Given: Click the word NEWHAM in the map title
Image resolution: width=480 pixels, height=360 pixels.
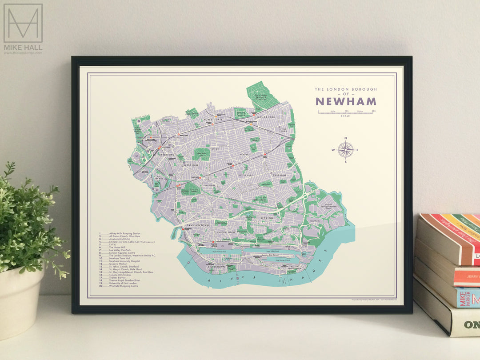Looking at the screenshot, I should pos(346,101).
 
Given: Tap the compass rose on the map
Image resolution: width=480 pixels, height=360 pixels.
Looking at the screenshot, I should pos(345,150).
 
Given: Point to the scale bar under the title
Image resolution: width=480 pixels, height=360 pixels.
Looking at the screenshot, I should pos(347,112).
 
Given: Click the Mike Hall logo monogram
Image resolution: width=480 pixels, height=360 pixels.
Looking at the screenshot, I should pos(23,23).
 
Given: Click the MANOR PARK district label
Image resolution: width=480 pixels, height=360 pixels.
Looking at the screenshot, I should pos(268,117).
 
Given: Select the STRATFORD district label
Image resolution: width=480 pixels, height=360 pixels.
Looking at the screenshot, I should pos(164,156).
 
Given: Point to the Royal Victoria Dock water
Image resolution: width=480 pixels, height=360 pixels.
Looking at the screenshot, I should pos(216,251).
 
